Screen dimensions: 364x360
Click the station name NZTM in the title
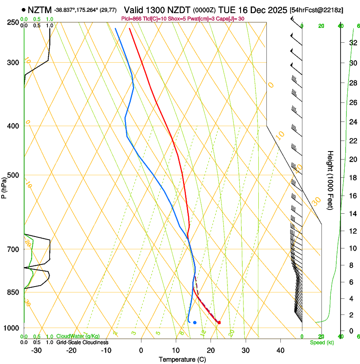(x=39, y=9)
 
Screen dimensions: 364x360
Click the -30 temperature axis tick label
(x=36, y=350)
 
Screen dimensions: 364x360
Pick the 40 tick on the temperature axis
(x=280, y=350)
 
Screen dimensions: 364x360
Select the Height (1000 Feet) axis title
(x=330, y=180)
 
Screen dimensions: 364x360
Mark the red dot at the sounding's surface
(x=219, y=323)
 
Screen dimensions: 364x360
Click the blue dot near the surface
(x=195, y=323)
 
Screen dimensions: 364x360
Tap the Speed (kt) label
(x=321, y=342)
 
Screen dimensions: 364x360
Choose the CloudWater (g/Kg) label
(x=78, y=336)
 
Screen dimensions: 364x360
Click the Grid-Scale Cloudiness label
(x=82, y=342)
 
